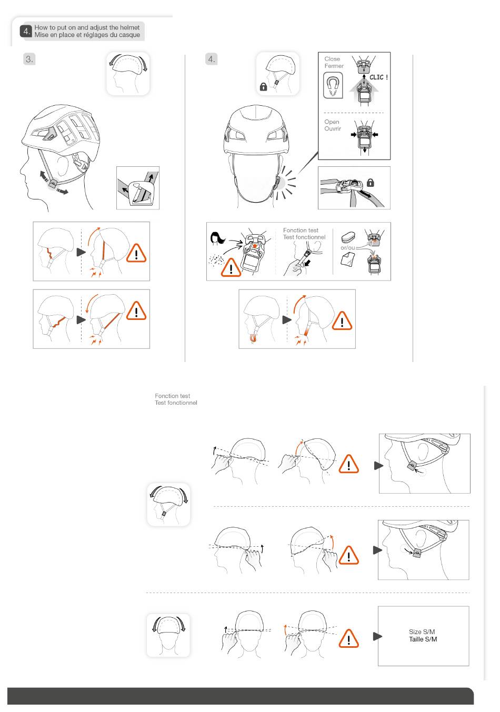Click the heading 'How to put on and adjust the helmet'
pyautogui.click(x=87, y=27)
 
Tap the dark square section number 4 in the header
pyautogui.click(x=26, y=31)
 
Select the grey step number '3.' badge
pyautogui.click(x=29, y=59)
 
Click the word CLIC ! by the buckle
pyautogui.click(x=378, y=77)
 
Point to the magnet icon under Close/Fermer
pyautogui.click(x=333, y=85)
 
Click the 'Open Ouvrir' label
pyautogui.click(x=333, y=125)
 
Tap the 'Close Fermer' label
pyautogui.click(x=334, y=62)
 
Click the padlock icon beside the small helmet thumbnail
pyautogui.click(x=263, y=87)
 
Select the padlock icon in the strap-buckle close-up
pyautogui.click(x=371, y=183)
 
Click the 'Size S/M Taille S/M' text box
pyautogui.click(x=423, y=636)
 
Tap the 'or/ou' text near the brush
pyautogui.click(x=347, y=248)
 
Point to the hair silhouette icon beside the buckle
pyautogui.click(x=217, y=239)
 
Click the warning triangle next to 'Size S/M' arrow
pyautogui.click(x=349, y=638)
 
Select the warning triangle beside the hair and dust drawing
pyautogui.click(x=231, y=268)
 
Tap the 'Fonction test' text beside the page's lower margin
pyautogui.click(x=172, y=396)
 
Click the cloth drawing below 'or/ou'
pyautogui.click(x=347, y=259)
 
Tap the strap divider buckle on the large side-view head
pyautogui.click(x=53, y=184)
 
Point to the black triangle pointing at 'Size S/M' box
pyautogui.click(x=377, y=636)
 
